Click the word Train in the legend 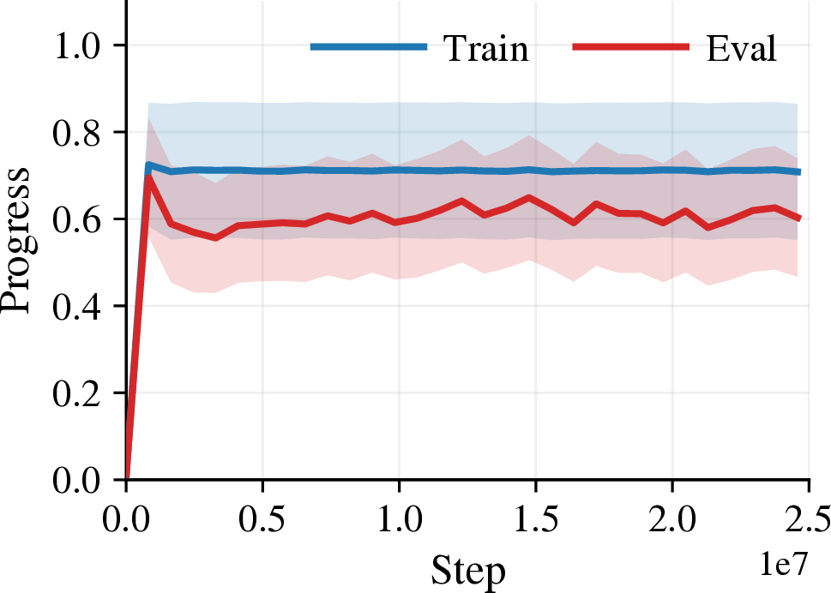(x=486, y=48)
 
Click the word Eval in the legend (x=742, y=48)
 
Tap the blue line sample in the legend (x=369, y=47)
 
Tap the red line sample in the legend (x=631, y=47)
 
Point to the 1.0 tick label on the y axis (x=76, y=45)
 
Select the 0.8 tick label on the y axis (x=76, y=132)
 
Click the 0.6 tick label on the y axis (x=76, y=219)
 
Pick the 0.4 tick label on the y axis (x=76, y=306)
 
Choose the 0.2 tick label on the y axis (x=76, y=392)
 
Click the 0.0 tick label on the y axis (x=76, y=480)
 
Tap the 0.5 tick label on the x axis (x=262, y=519)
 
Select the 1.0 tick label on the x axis (x=399, y=519)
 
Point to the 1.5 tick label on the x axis (x=536, y=519)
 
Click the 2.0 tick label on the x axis (x=672, y=519)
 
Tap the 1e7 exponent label (x=785, y=563)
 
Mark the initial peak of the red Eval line (x=149, y=176)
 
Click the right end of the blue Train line (x=799, y=171)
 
